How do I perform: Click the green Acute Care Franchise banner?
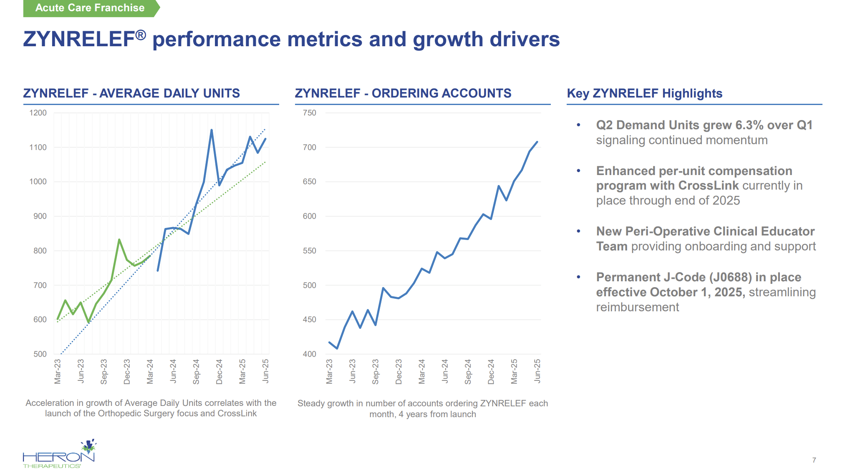click(90, 8)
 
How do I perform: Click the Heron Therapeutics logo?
click(59, 455)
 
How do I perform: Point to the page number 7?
click(814, 460)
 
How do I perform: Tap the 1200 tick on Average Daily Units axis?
click(38, 113)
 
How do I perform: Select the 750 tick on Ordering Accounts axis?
click(309, 113)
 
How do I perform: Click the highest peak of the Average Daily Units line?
click(212, 130)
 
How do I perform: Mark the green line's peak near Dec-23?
click(119, 240)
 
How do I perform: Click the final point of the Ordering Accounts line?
click(537, 142)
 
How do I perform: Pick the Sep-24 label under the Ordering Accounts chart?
click(468, 371)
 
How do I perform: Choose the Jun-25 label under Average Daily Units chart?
click(265, 370)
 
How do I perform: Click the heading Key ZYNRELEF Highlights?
click(644, 93)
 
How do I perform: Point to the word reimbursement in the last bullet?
click(637, 307)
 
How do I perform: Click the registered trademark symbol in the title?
click(141, 35)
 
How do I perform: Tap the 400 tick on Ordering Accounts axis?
click(309, 354)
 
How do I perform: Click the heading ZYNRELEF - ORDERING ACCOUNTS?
click(403, 93)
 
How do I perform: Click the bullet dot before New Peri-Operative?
click(578, 231)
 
